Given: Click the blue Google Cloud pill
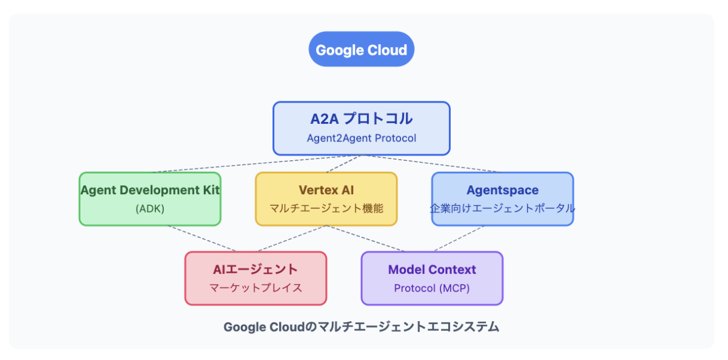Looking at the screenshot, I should click(x=361, y=50).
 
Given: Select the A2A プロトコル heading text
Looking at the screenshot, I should click(x=361, y=118).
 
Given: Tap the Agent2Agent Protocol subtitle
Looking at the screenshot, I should click(x=361, y=138).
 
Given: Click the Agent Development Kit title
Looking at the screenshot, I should click(x=150, y=189).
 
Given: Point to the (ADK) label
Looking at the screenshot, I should click(x=150, y=208).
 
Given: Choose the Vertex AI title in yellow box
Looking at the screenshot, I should click(x=326, y=189).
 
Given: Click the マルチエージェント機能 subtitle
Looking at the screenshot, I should click(x=326, y=208).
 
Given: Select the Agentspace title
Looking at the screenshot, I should click(x=502, y=190).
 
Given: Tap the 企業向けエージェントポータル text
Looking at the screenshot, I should click(x=502, y=208).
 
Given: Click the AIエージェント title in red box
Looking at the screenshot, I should click(x=255, y=269).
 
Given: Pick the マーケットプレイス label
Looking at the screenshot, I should click(x=255, y=288).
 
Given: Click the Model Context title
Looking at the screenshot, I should click(x=432, y=269).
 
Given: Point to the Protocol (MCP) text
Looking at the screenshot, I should click(x=432, y=288).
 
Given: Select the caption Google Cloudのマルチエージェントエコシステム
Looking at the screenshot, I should click(x=361, y=327).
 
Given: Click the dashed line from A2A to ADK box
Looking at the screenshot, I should click(x=255, y=164).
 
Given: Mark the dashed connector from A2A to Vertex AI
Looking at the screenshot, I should click(x=344, y=164).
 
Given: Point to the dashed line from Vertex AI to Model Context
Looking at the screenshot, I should click(x=367, y=239).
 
